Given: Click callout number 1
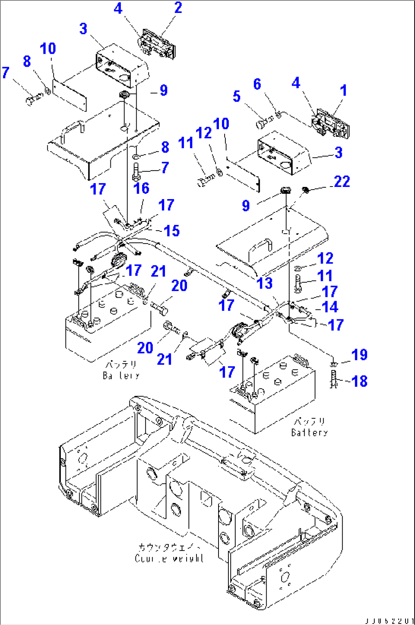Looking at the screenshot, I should click(x=343, y=91).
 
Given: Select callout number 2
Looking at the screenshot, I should click(x=178, y=8).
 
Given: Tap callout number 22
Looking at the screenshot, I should click(x=342, y=182).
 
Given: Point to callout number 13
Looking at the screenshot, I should click(x=265, y=283).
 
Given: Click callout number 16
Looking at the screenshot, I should click(x=141, y=188).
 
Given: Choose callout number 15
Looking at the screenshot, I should click(x=171, y=231).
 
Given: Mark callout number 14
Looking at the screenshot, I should click(x=330, y=306).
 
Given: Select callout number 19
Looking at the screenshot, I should click(x=359, y=355).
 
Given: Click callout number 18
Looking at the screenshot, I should click(x=359, y=381).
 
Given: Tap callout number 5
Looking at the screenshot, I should click(x=236, y=96).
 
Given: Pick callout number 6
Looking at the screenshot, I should click(x=257, y=84).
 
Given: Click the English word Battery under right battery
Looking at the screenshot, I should click(x=309, y=432).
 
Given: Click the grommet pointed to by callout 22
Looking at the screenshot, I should click(x=305, y=189).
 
